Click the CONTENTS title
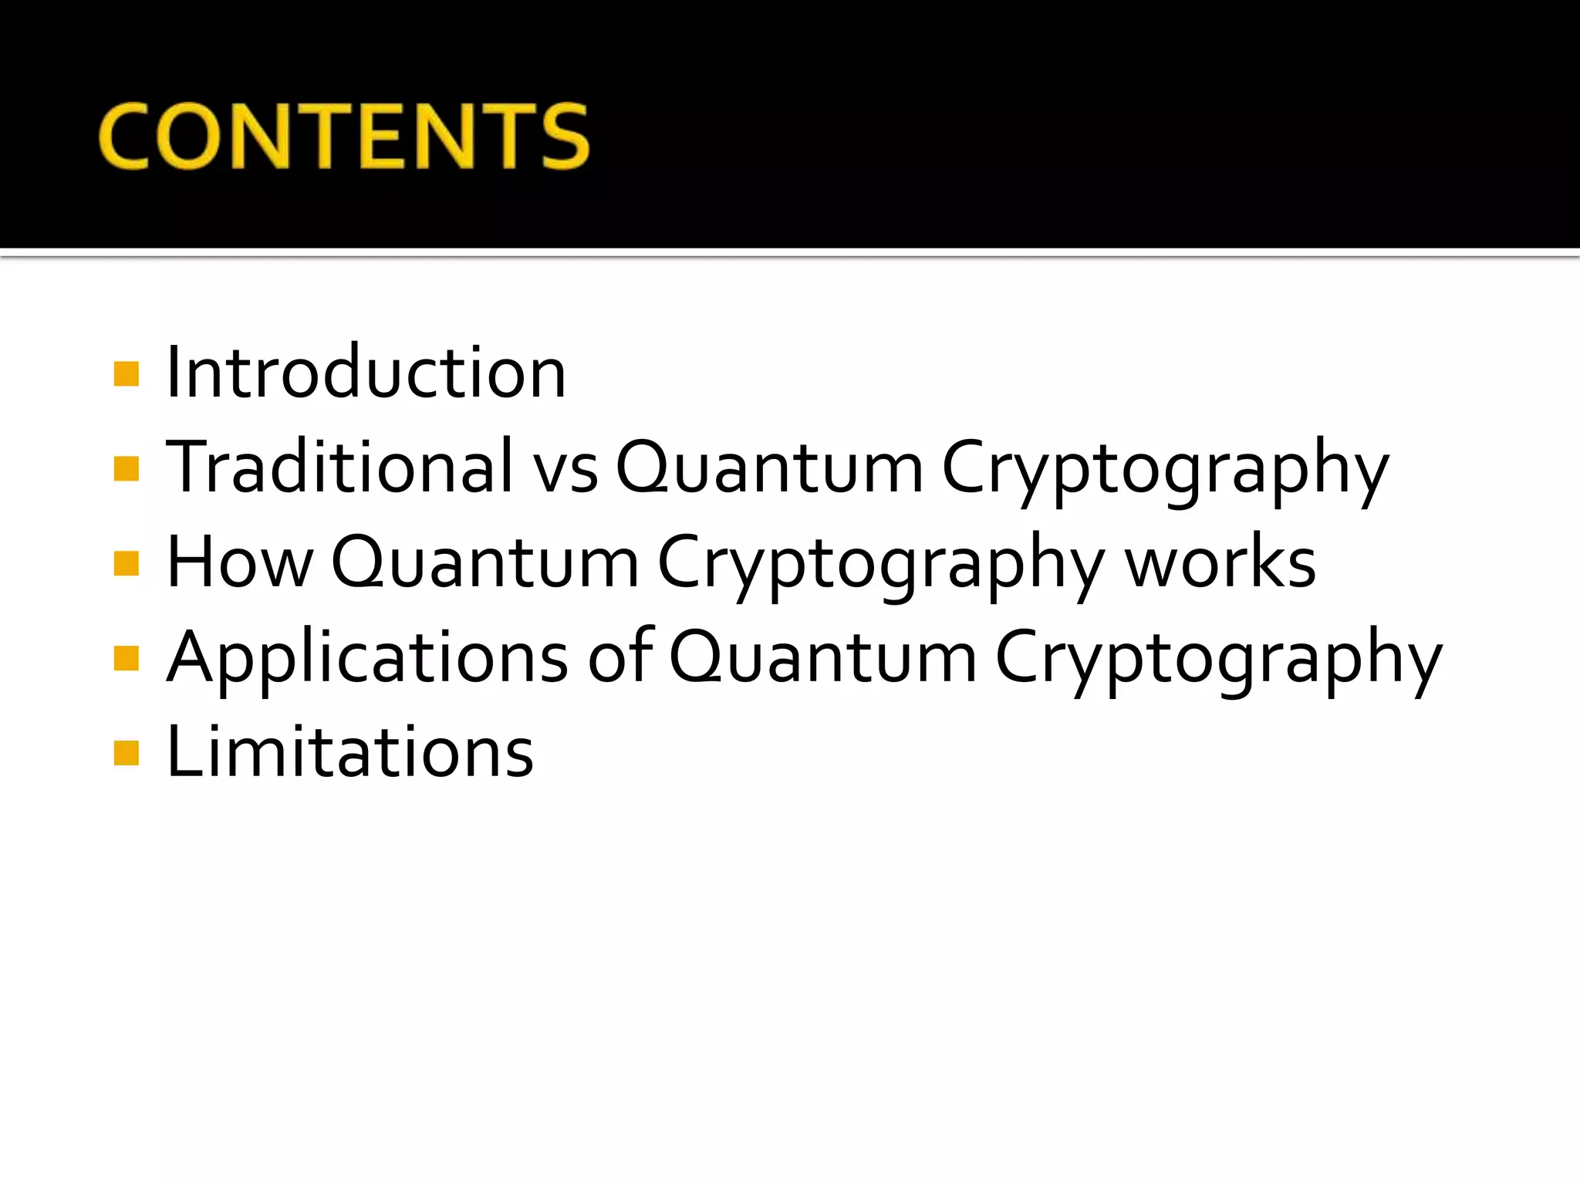coord(344,136)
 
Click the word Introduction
coord(366,373)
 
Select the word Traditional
coord(339,468)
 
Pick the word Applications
coord(367,658)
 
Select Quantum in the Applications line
coord(822,658)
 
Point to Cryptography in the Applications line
coord(1218,658)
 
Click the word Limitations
coord(349,752)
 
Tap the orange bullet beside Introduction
coord(126,374)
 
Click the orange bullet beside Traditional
coord(126,469)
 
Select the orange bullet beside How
coord(126,564)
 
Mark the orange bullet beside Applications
coord(126,659)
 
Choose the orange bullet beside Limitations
coord(126,753)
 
